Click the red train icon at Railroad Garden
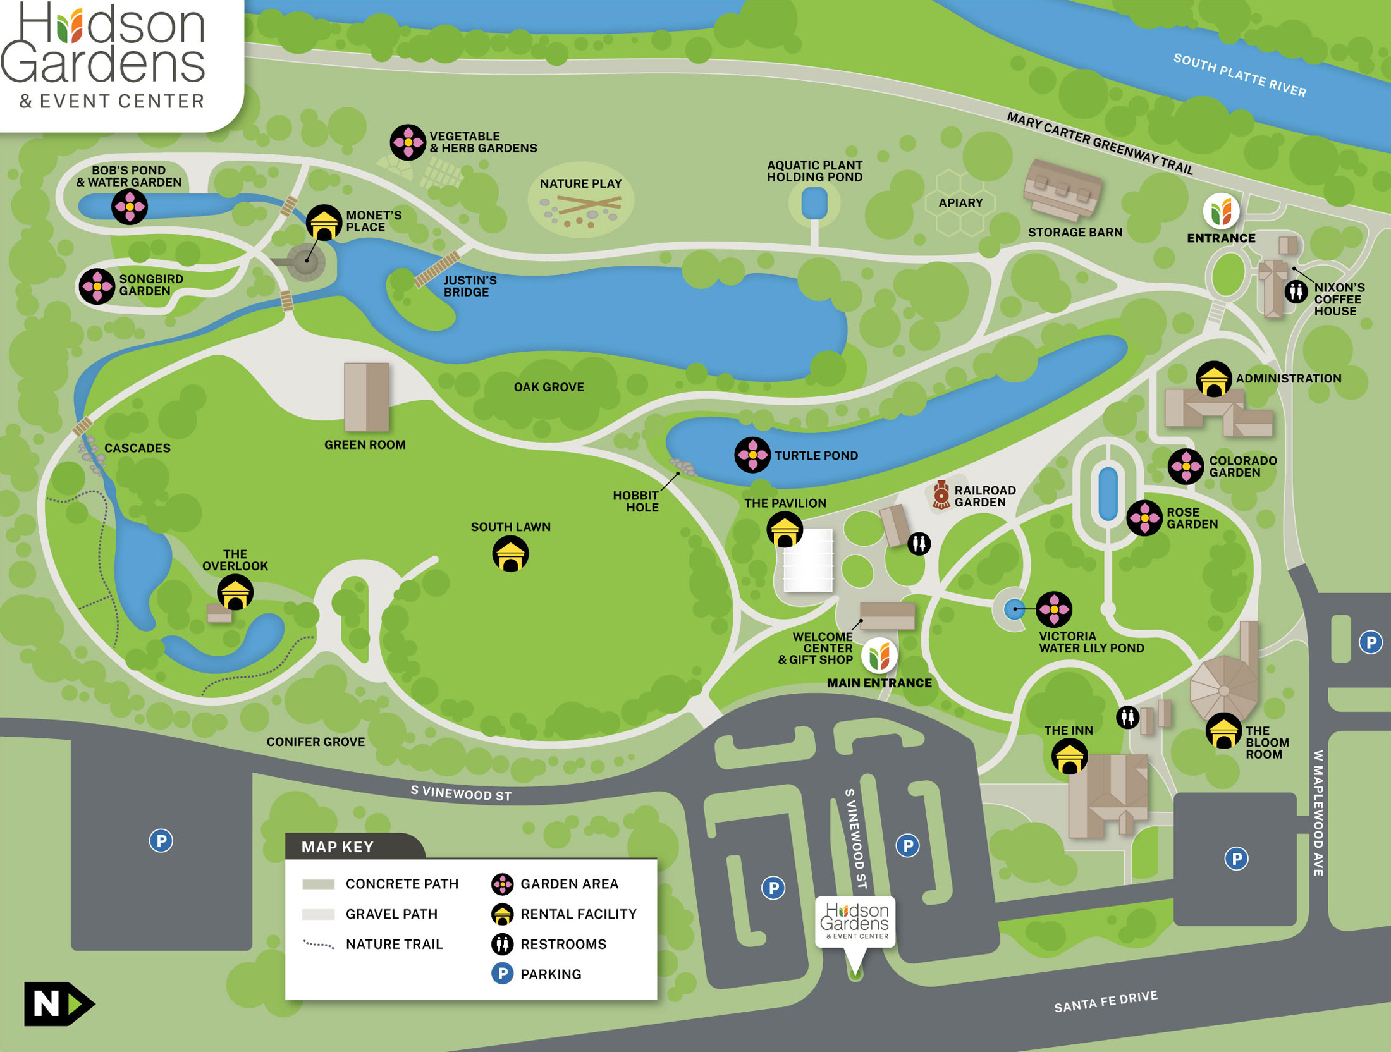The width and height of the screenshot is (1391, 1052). tap(941, 494)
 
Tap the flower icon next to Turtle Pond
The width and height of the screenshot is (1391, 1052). tap(752, 455)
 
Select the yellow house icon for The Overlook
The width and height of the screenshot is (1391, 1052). tap(235, 592)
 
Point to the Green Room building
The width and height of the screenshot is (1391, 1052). tap(367, 396)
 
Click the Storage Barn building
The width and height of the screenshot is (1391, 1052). tap(1062, 188)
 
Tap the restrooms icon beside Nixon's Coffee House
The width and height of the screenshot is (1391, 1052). tap(1296, 291)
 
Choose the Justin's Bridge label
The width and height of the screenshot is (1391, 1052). tap(470, 286)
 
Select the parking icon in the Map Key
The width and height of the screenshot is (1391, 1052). tap(502, 974)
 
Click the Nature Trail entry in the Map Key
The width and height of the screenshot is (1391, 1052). tap(393, 944)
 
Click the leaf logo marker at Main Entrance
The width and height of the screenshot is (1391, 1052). tap(879, 655)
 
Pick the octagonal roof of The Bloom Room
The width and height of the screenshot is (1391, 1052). tap(1223, 689)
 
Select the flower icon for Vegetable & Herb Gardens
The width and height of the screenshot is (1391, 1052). tap(408, 142)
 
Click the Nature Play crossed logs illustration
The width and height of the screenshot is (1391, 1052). tap(588, 204)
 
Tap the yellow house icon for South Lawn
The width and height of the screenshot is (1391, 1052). tap(510, 554)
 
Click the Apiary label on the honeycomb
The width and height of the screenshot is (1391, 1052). tap(960, 203)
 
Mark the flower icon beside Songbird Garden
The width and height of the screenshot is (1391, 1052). tap(97, 286)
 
